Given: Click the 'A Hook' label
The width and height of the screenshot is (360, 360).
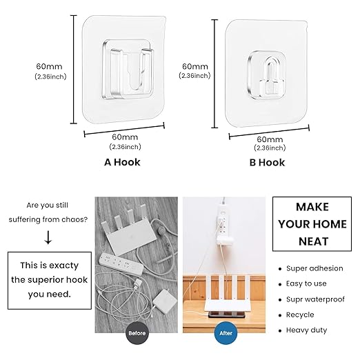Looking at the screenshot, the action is pyautogui.click(x=122, y=162).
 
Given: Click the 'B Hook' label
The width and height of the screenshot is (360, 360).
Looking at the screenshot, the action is pyautogui.click(x=267, y=163).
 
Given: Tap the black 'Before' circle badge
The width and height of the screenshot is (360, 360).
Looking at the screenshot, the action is pyautogui.click(x=137, y=333).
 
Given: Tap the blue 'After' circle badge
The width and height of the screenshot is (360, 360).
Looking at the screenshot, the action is pyautogui.click(x=226, y=333).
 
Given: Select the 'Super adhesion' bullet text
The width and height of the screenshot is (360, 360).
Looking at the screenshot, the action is pyautogui.click(x=314, y=268).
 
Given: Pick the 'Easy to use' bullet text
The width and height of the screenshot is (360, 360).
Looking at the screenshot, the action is pyautogui.click(x=306, y=283).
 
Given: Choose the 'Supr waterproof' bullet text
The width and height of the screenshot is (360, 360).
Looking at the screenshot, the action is pyautogui.click(x=315, y=299).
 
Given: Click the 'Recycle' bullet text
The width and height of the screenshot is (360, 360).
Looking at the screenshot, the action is pyautogui.click(x=300, y=314).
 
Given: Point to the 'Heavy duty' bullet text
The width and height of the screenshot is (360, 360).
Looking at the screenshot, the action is pyautogui.click(x=306, y=330).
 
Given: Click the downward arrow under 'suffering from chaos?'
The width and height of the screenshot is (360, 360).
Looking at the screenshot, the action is pyautogui.click(x=48, y=237).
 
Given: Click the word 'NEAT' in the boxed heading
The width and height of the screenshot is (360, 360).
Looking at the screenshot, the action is pyautogui.click(x=313, y=241).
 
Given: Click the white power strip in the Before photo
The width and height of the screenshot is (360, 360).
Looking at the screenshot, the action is pyautogui.click(x=121, y=263).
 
